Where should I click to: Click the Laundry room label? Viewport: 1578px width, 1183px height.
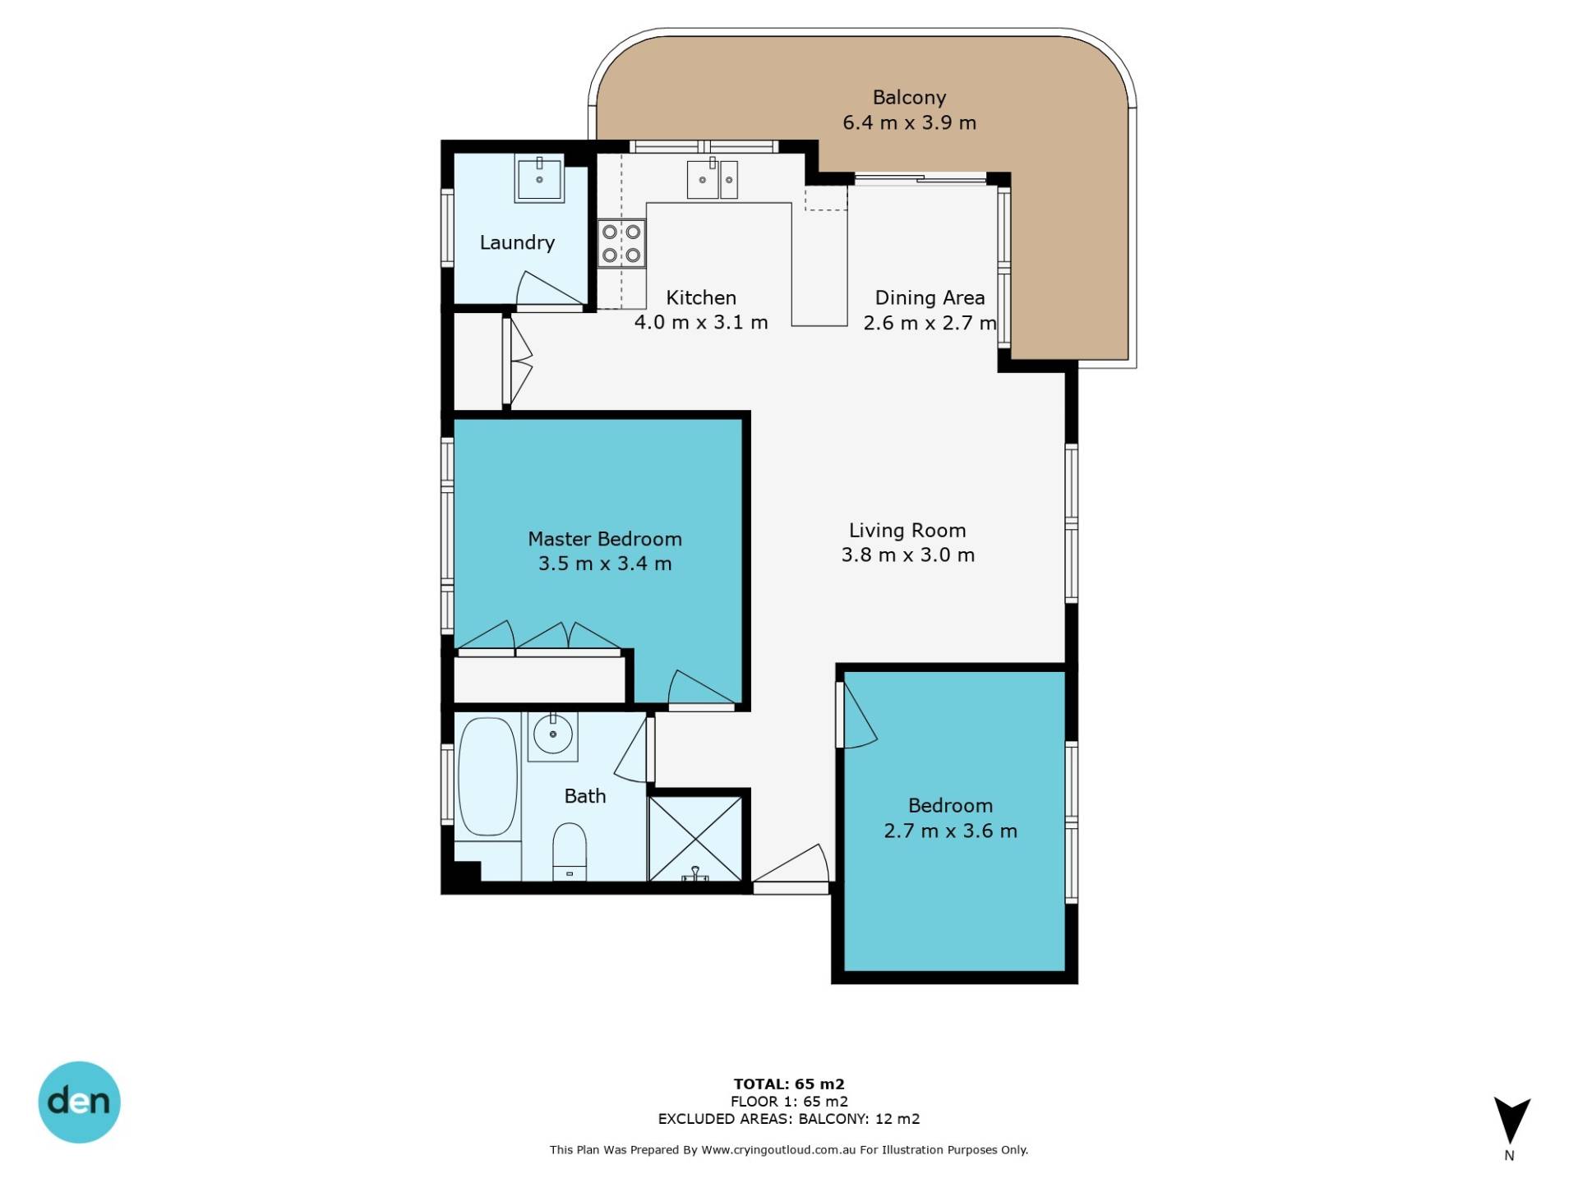pos(517,242)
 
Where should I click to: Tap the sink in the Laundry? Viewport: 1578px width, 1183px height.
pos(539,180)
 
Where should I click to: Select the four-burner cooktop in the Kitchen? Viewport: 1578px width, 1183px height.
pos(621,243)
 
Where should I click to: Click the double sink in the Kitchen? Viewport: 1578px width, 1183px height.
pos(712,178)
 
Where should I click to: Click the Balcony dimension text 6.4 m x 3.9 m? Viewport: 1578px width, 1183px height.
pos(909,123)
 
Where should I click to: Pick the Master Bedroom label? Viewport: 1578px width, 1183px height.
pos(605,539)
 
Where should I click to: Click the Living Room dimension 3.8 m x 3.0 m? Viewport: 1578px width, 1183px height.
pos(908,555)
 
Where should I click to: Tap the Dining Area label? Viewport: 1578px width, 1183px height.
pos(930,297)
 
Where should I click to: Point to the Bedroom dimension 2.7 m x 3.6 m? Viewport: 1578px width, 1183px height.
pos(951,831)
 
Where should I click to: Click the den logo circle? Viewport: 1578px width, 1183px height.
pos(80,1102)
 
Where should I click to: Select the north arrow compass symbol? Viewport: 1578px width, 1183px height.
pos(1511,1121)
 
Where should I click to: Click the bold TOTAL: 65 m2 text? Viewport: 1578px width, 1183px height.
pos(789,1084)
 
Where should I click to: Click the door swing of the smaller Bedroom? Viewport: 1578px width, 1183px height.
pos(859,715)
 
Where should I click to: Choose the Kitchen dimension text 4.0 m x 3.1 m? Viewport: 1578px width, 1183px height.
pos(701,322)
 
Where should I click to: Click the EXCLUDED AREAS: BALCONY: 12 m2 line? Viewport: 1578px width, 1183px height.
pos(789,1119)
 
